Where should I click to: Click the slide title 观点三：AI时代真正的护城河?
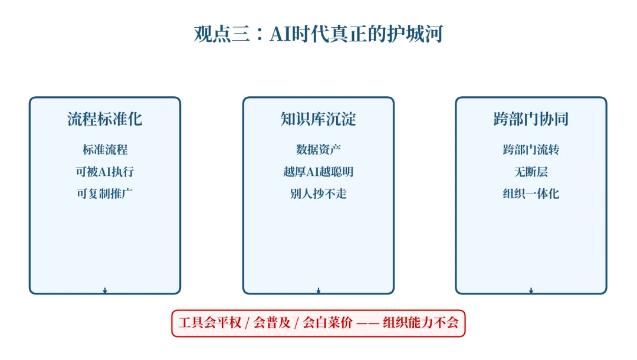coord(318,34)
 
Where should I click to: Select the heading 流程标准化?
coord(105,119)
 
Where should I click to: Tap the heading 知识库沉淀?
coord(318,119)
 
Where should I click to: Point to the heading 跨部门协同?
coord(531,119)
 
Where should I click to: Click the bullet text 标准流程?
coord(105,150)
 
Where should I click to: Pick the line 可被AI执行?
coord(105,172)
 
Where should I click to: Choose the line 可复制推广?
coord(105,194)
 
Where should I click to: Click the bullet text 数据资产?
coord(318,150)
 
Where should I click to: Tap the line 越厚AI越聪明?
coord(318,172)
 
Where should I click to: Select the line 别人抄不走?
coord(318,194)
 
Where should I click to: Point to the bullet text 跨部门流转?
coord(531,150)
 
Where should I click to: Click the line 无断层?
coord(531,172)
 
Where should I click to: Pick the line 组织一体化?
coord(531,194)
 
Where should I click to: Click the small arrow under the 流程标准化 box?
coord(105,290)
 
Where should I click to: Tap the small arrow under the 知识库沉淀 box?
coord(318,290)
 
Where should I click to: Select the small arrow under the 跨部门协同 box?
coord(531,290)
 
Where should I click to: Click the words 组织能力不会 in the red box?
coord(421,323)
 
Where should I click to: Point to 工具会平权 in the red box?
coord(210,323)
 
